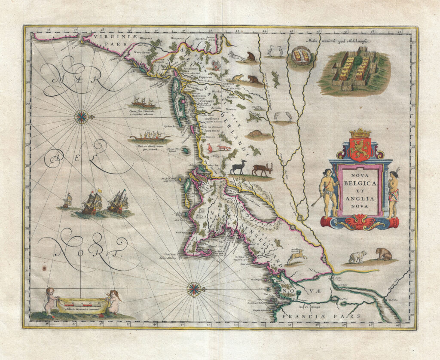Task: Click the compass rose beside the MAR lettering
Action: click(81, 116)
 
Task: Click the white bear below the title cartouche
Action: click(357, 257)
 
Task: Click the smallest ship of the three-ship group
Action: click(67, 201)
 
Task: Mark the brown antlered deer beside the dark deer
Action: click(263, 169)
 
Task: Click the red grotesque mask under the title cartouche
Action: click(360, 223)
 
